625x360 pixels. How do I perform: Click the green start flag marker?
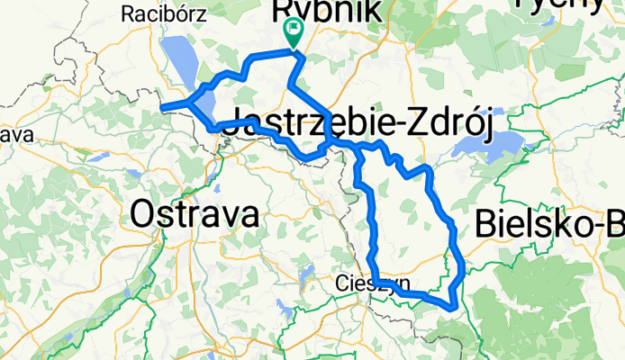294,32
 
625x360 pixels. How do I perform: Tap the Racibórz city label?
163,13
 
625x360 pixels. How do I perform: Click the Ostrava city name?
194,214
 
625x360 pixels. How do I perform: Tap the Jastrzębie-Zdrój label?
356,127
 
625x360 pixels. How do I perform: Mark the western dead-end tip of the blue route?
163,109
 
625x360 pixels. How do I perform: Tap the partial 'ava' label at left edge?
15,134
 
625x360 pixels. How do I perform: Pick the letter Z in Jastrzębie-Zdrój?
417,127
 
